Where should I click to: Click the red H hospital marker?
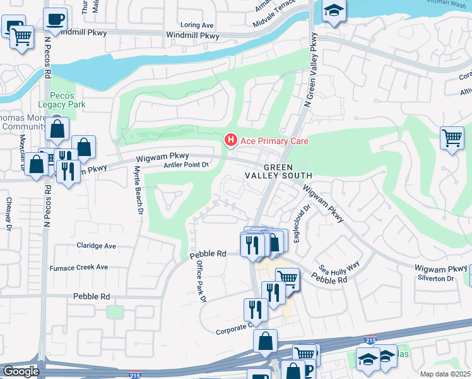[x=231, y=140]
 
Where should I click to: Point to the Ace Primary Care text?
[x=273, y=141]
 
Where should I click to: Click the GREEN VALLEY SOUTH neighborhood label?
[x=278, y=171]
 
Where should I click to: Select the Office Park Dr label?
[x=201, y=281]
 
